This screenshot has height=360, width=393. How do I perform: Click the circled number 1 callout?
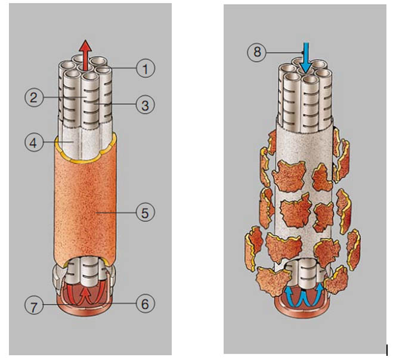(x=145, y=69)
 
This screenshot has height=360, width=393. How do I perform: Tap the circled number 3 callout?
(x=145, y=105)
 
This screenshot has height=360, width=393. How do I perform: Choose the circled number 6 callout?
(x=145, y=303)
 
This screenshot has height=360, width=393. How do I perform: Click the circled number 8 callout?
(x=257, y=52)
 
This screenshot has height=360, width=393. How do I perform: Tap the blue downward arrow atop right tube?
(x=306, y=57)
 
